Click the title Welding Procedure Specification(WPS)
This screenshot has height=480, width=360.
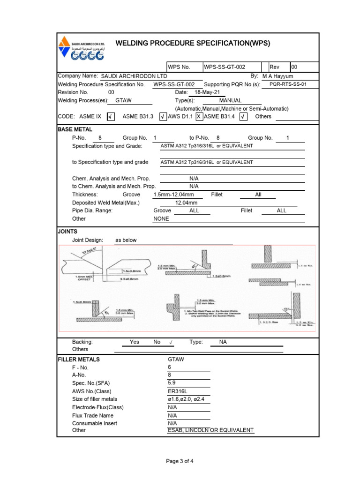click(x=193, y=43)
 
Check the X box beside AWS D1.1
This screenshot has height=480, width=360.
click(x=199, y=116)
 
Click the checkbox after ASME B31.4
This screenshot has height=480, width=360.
click(x=243, y=116)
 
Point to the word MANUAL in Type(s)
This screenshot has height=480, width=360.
click(x=230, y=100)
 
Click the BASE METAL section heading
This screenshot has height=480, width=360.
click(x=75, y=129)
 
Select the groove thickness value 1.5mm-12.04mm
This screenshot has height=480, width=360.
click(x=173, y=195)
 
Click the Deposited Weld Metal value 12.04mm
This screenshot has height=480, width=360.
click(x=186, y=202)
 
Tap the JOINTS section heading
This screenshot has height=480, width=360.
click(x=67, y=231)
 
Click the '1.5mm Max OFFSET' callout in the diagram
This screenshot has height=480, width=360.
click(x=85, y=278)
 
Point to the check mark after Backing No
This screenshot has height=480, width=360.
click(x=171, y=342)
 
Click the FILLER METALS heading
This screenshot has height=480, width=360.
click(x=79, y=360)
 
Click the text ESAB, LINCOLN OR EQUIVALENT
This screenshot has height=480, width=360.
click(x=210, y=430)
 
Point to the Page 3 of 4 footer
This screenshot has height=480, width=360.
click(x=180, y=461)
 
